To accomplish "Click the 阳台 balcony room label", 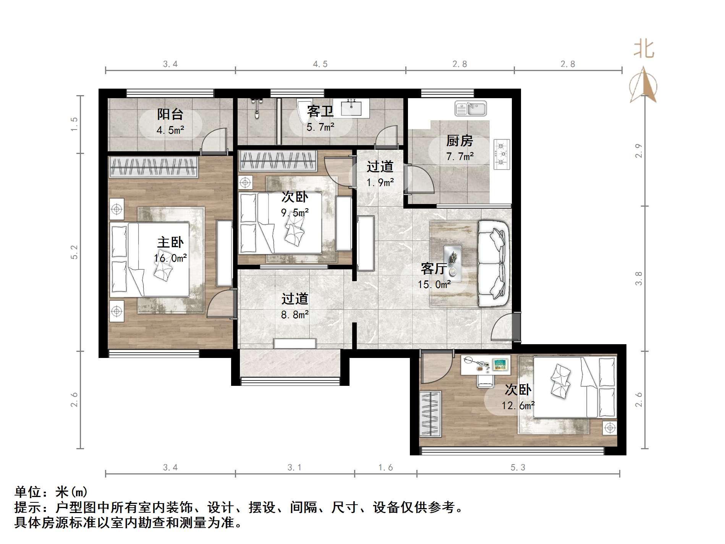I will [x=170, y=114].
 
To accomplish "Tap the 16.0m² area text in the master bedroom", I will [x=170, y=258].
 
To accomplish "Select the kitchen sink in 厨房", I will [x=470, y=108].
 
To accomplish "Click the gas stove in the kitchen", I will [x=502, y=154].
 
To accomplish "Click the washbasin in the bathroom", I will [x=351, y=107].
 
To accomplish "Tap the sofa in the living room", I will [x=494, y=264].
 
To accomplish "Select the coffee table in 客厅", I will [x=453, y=261].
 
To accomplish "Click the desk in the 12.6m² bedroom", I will [x=485, y=365].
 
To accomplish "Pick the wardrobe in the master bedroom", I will [x=154, y=167].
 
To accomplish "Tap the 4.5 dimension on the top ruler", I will [x=320, y=64].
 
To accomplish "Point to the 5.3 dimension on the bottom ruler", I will [x=518, y=468].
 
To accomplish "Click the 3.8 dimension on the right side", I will [x=638, y=278].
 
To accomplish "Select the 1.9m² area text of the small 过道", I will [x=380, y=183].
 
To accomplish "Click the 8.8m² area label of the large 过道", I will [x=295, y=315].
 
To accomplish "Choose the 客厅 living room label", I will [x=434, y=269].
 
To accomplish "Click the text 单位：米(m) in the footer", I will [x=51, y=492].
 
